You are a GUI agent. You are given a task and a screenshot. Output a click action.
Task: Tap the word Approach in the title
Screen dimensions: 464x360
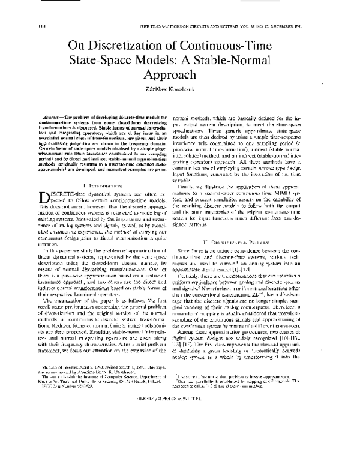point(179,76)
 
